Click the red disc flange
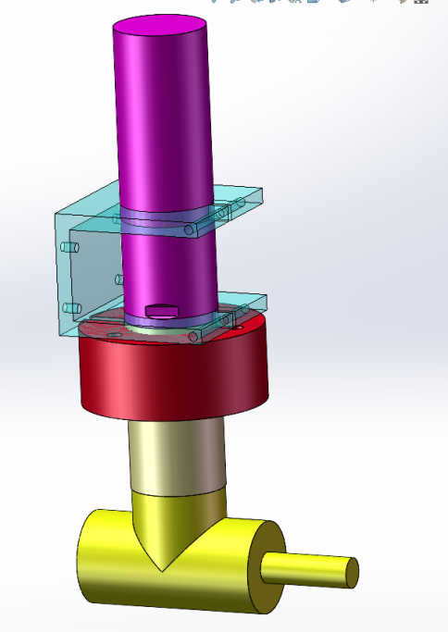173,380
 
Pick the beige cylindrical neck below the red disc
176,458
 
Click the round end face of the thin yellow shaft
352,572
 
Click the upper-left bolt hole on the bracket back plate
68,249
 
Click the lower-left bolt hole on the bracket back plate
68,308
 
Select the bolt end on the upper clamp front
190,228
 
